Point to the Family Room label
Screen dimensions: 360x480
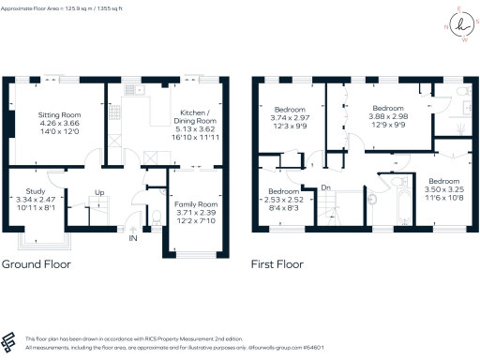(x=196, y=203)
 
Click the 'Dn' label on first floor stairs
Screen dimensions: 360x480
(x=326, y=187)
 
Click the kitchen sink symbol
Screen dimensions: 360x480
(x=133, y=91)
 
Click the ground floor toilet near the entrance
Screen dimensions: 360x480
(x=153, y=215)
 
